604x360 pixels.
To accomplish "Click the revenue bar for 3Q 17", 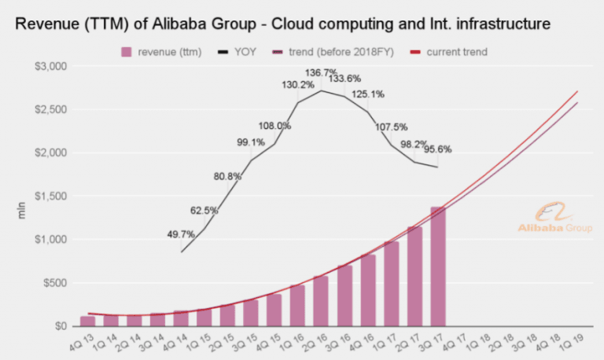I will coord(438,266).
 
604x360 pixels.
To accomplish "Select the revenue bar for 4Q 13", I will coord(87,321).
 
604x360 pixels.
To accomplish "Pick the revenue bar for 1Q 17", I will coord(391,284).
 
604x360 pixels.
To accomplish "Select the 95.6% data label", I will coord(438,149).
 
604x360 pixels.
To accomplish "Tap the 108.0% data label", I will coord(274,125).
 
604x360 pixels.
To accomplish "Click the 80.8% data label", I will coord(227,176).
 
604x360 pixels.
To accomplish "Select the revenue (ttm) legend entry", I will coord(161,52).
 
